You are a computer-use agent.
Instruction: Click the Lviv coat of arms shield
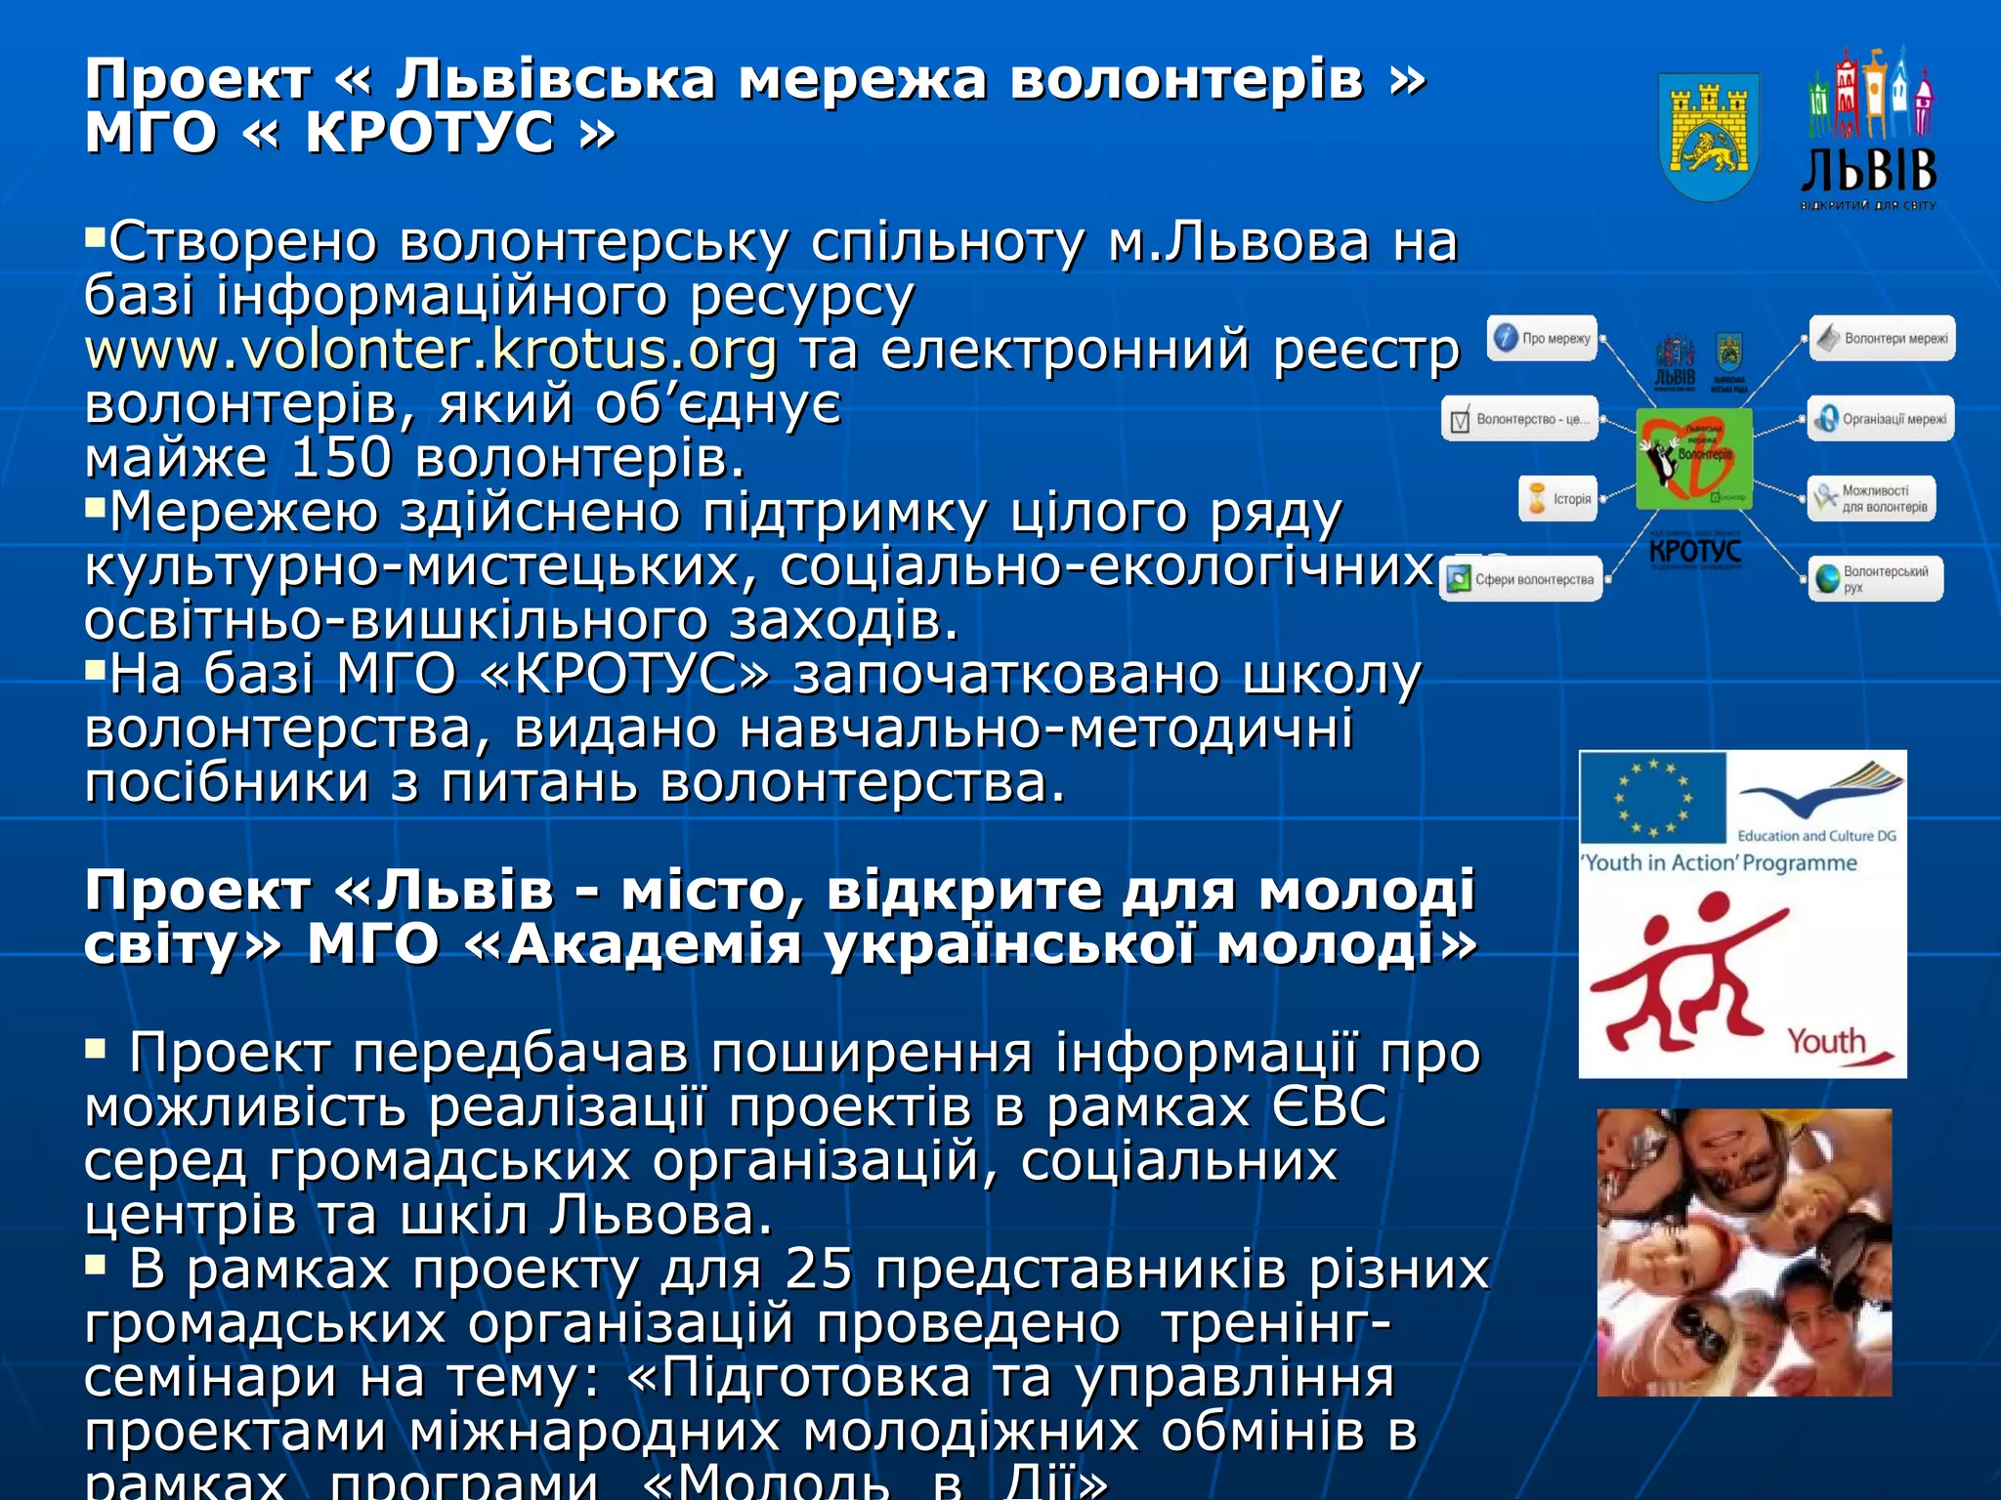tap(1709, 136)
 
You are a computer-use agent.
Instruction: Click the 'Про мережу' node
tap(1543, 338)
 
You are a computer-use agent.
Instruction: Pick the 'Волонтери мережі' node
tap(1882, 338)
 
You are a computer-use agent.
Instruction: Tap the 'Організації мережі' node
tap(1881, 419)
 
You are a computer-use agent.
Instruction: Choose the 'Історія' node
tap(1558, 498)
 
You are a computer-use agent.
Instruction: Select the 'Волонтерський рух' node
tap(1875, 579)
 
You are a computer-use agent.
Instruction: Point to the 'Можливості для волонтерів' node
tap(1871, 498)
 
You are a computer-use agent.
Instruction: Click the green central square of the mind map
tap(1694, 458)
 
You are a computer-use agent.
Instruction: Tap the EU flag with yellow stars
tap(1652, 798)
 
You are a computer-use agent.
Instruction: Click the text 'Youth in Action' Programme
tap(1720, 863)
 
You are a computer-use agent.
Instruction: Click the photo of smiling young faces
tap(1744, 1252)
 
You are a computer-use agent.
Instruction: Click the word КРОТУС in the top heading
tap(430, 133)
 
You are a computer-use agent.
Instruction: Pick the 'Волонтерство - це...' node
tap(1520, 419)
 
